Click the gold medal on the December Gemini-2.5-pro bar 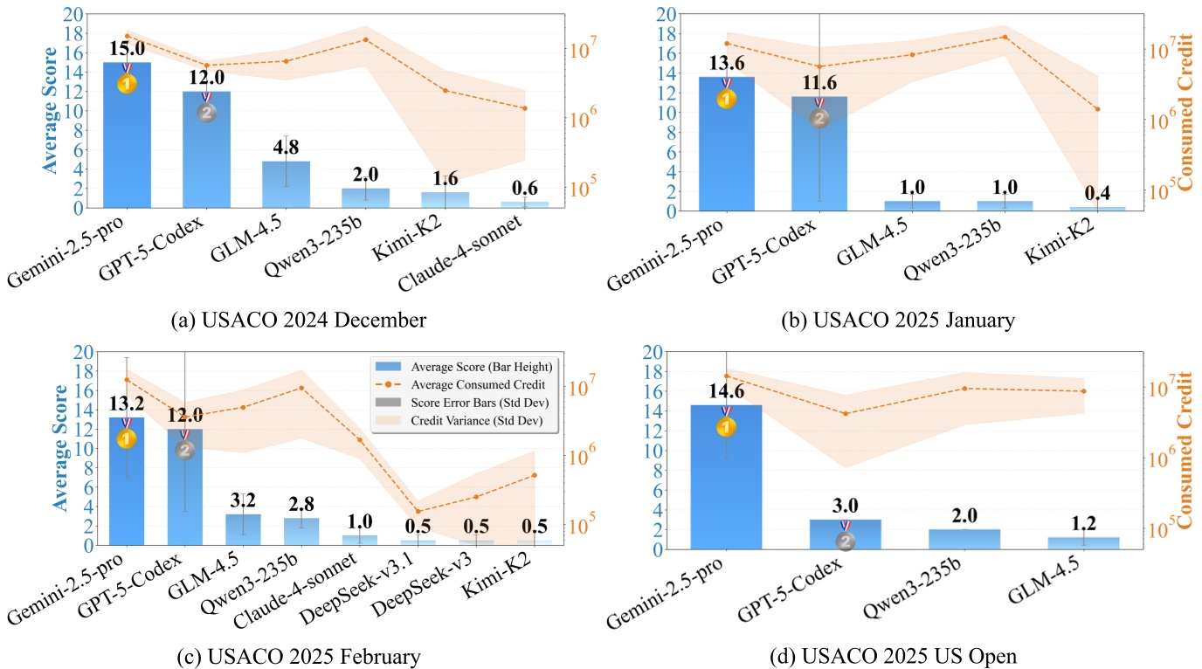127,84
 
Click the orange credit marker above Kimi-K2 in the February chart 535,475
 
